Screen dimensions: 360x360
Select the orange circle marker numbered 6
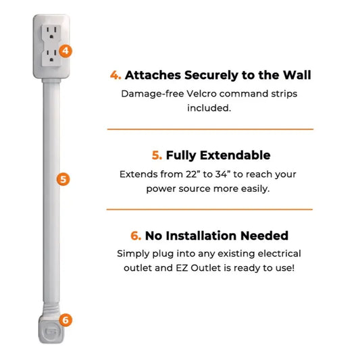point(65,319)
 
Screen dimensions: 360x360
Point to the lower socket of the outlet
point(51,57)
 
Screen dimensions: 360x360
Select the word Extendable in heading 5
point(236,155)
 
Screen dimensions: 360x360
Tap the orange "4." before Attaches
point(115,76)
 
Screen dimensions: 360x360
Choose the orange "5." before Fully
point(157,155)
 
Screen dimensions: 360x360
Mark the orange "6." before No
point(136,236)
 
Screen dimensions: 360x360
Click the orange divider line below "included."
point(210,128)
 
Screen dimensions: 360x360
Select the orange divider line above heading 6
point(210,209)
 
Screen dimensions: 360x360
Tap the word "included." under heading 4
point(210,107)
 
